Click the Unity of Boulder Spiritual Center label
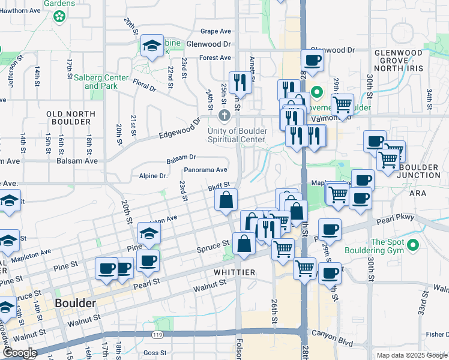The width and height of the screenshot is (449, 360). click(x=237, y=136)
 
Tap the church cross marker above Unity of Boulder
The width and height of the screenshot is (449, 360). click(x=224, y=115)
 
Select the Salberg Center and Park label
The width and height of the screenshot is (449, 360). click(x=106, y=82)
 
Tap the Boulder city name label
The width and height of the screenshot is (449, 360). click(x=75, y=303)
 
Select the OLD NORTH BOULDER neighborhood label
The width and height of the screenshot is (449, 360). click(x=71, y=118)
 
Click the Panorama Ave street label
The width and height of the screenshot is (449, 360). click(x=205, y=170)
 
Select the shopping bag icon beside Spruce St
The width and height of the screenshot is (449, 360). click(x=244, y=244)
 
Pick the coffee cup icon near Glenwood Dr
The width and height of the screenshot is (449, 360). click(x=312, y=61)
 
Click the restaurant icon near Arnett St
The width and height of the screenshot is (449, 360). click(x=240, y=82)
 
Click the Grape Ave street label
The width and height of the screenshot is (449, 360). click(x=216, y=31)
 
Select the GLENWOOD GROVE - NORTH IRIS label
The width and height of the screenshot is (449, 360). click(x=399, y=61)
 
